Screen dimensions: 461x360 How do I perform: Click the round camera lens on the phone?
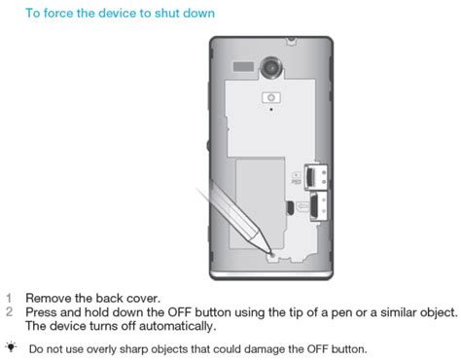[271, 67]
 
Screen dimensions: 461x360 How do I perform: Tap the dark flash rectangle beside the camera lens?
[243, 66]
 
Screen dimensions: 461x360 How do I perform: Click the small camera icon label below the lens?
[271, 97]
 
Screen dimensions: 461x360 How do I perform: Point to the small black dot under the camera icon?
[271, 109]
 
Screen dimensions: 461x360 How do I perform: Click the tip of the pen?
[270, 252]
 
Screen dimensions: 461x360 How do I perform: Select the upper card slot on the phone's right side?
[316, 177]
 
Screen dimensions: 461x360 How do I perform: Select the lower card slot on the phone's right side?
[319, 206]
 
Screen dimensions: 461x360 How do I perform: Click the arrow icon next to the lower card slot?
[302, 206]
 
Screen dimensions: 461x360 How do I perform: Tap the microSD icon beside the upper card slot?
[296, 179]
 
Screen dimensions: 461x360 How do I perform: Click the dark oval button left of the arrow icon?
[290, 207]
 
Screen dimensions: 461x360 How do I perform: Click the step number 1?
[9, 298]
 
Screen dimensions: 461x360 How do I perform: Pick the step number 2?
[9, 312]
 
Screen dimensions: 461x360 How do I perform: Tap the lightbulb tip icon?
[12, 347]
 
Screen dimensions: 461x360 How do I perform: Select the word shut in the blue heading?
[166, 13]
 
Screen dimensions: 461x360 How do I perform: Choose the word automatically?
[177, 326]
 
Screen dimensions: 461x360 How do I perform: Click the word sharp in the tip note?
[133, 349]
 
